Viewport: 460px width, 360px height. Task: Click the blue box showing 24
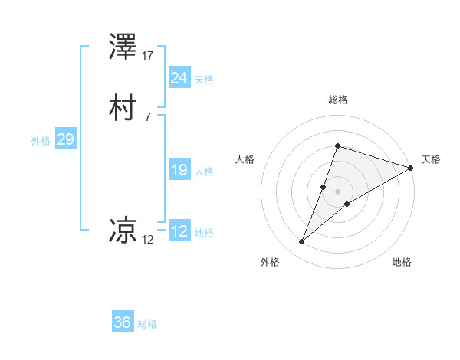pyautogui.click(x=179, y=78)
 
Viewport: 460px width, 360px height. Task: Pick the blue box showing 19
pyautogui.click(x=179, y=170)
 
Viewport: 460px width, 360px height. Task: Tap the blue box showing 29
pyautogui.click(x=65, y=139)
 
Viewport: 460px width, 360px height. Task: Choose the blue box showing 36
pyautogui.click(x=122, y=322)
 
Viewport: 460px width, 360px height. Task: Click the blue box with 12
pyautogui.click(x=179, y=231)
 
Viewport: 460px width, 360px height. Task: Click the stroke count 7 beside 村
pyautogui.click(x=147, y=116)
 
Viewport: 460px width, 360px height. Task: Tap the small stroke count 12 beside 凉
pyautogui.click(x=148, y=240)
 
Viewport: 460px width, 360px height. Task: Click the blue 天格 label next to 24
pyautogui.click(x=204, y=80)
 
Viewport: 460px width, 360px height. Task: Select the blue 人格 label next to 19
pyautogui.click(x=204, y=172)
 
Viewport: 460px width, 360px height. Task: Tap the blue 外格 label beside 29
pyautogui.click(x=41, y=141)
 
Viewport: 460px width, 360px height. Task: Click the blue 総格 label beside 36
pyautogui.click(x=147, y=324)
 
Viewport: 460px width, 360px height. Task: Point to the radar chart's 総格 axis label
pyautogui.click(x=337, y=100)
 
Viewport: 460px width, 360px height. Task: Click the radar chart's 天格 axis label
pyautogui.click(x=431, y=159)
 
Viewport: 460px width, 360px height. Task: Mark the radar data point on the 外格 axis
pyautogui.click(x=302, y=242)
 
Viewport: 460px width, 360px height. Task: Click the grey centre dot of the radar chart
pyautogui.click(x=337, y=191)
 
